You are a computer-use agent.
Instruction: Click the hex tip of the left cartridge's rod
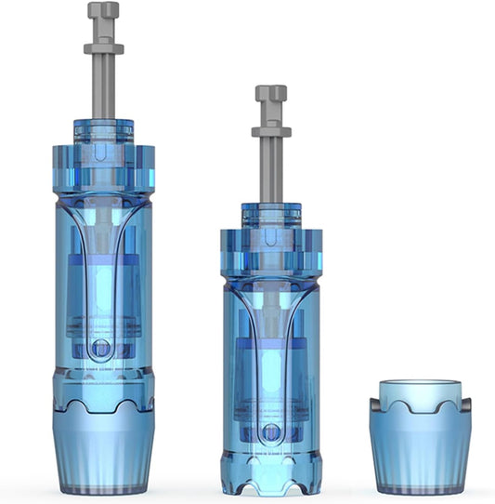(x=103, y=12)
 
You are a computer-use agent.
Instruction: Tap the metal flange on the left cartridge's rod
(x=103, y=49)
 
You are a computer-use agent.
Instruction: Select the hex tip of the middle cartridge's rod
(x=270, y=95)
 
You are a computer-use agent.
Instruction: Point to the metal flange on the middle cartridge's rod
(x=270, y=131)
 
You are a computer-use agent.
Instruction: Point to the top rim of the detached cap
(x=420, y=384)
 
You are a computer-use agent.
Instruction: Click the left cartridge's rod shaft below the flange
(x=103, y=88)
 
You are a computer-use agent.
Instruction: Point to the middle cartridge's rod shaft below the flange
(x=270, y=172)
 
